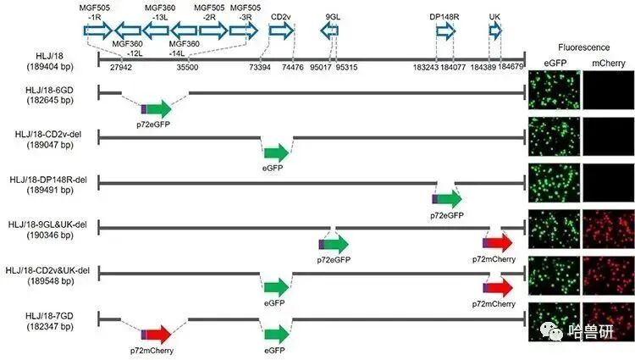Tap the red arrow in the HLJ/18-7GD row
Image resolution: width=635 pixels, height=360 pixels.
(156, 335)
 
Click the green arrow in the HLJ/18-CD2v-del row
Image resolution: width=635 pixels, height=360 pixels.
(276, 152)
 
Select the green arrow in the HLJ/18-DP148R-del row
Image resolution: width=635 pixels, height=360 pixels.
(447, 200)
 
